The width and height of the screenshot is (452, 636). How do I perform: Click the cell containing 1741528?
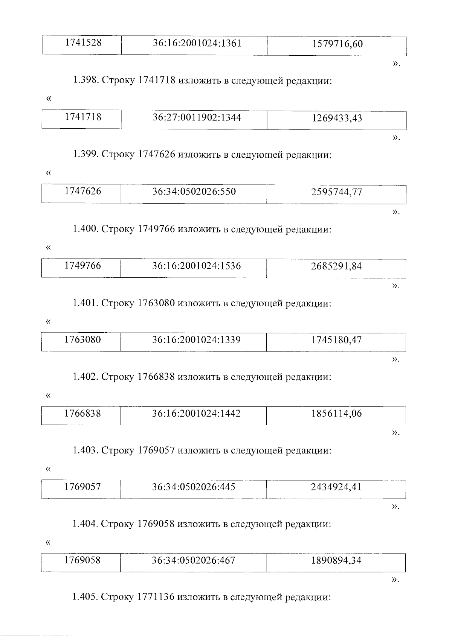83,43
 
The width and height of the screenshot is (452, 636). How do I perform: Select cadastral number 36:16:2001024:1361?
197,43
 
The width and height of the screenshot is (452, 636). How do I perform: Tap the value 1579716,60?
337,44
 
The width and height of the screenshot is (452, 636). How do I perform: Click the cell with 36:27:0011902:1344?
197,117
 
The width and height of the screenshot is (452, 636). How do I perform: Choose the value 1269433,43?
337,118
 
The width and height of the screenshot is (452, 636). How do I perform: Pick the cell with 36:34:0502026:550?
194,192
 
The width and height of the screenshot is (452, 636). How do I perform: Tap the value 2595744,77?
336,192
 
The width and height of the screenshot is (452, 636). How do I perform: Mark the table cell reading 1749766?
82,265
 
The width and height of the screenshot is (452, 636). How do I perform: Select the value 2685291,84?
336,266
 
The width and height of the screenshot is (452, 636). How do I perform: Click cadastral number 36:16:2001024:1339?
196,340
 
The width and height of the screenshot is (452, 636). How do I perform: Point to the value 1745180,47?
336,340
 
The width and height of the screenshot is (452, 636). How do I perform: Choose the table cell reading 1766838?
82,413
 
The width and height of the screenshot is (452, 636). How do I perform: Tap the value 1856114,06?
336,414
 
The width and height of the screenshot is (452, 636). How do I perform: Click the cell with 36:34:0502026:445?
194,487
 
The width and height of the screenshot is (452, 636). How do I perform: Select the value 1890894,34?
336,561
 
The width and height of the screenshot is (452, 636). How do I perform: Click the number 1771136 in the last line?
156,597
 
